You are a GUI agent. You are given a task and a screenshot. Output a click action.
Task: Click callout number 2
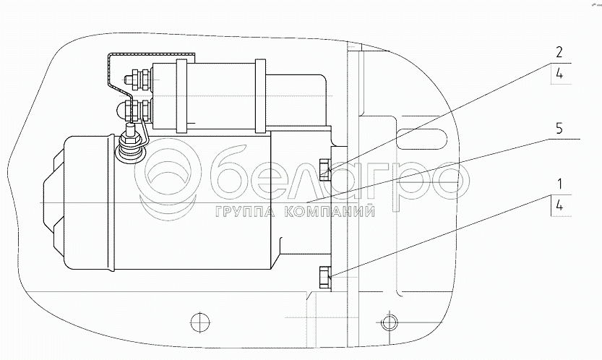pyautogui.click(x=559, y=52)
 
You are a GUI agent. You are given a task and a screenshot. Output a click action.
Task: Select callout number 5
pyautogui.click(x=559, y=129)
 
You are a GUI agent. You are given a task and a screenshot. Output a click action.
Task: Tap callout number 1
pyautogui.click(x=560, y=184)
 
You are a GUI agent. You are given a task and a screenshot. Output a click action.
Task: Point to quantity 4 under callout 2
pyautogui.click(x=559, y=74)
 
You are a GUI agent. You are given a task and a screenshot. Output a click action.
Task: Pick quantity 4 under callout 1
pyautogui.click(x=559, y=206)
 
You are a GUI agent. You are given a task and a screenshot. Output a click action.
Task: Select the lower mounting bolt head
pyautogui.click(x=324, y=276)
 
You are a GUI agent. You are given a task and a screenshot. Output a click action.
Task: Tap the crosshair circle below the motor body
pyautogui.click(x=199, y=322)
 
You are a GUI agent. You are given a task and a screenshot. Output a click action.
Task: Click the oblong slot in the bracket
pyautogui.click(x=421, y=138)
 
